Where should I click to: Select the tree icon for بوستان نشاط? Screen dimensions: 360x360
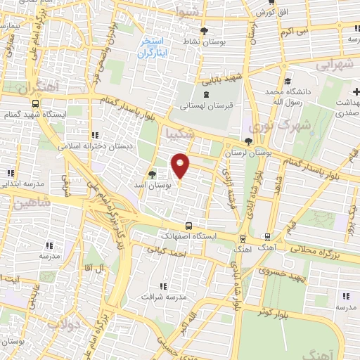(x=204, y=30)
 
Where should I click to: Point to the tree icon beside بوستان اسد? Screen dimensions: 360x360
(x=153, y=173)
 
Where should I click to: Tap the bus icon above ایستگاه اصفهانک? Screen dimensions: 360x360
(x=188, y=226)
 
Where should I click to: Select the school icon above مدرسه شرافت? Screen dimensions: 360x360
(x=163, y=286)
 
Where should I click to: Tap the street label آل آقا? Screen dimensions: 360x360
(x=91, y=269)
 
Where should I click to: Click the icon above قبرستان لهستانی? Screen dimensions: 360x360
(x=205, y=94)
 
